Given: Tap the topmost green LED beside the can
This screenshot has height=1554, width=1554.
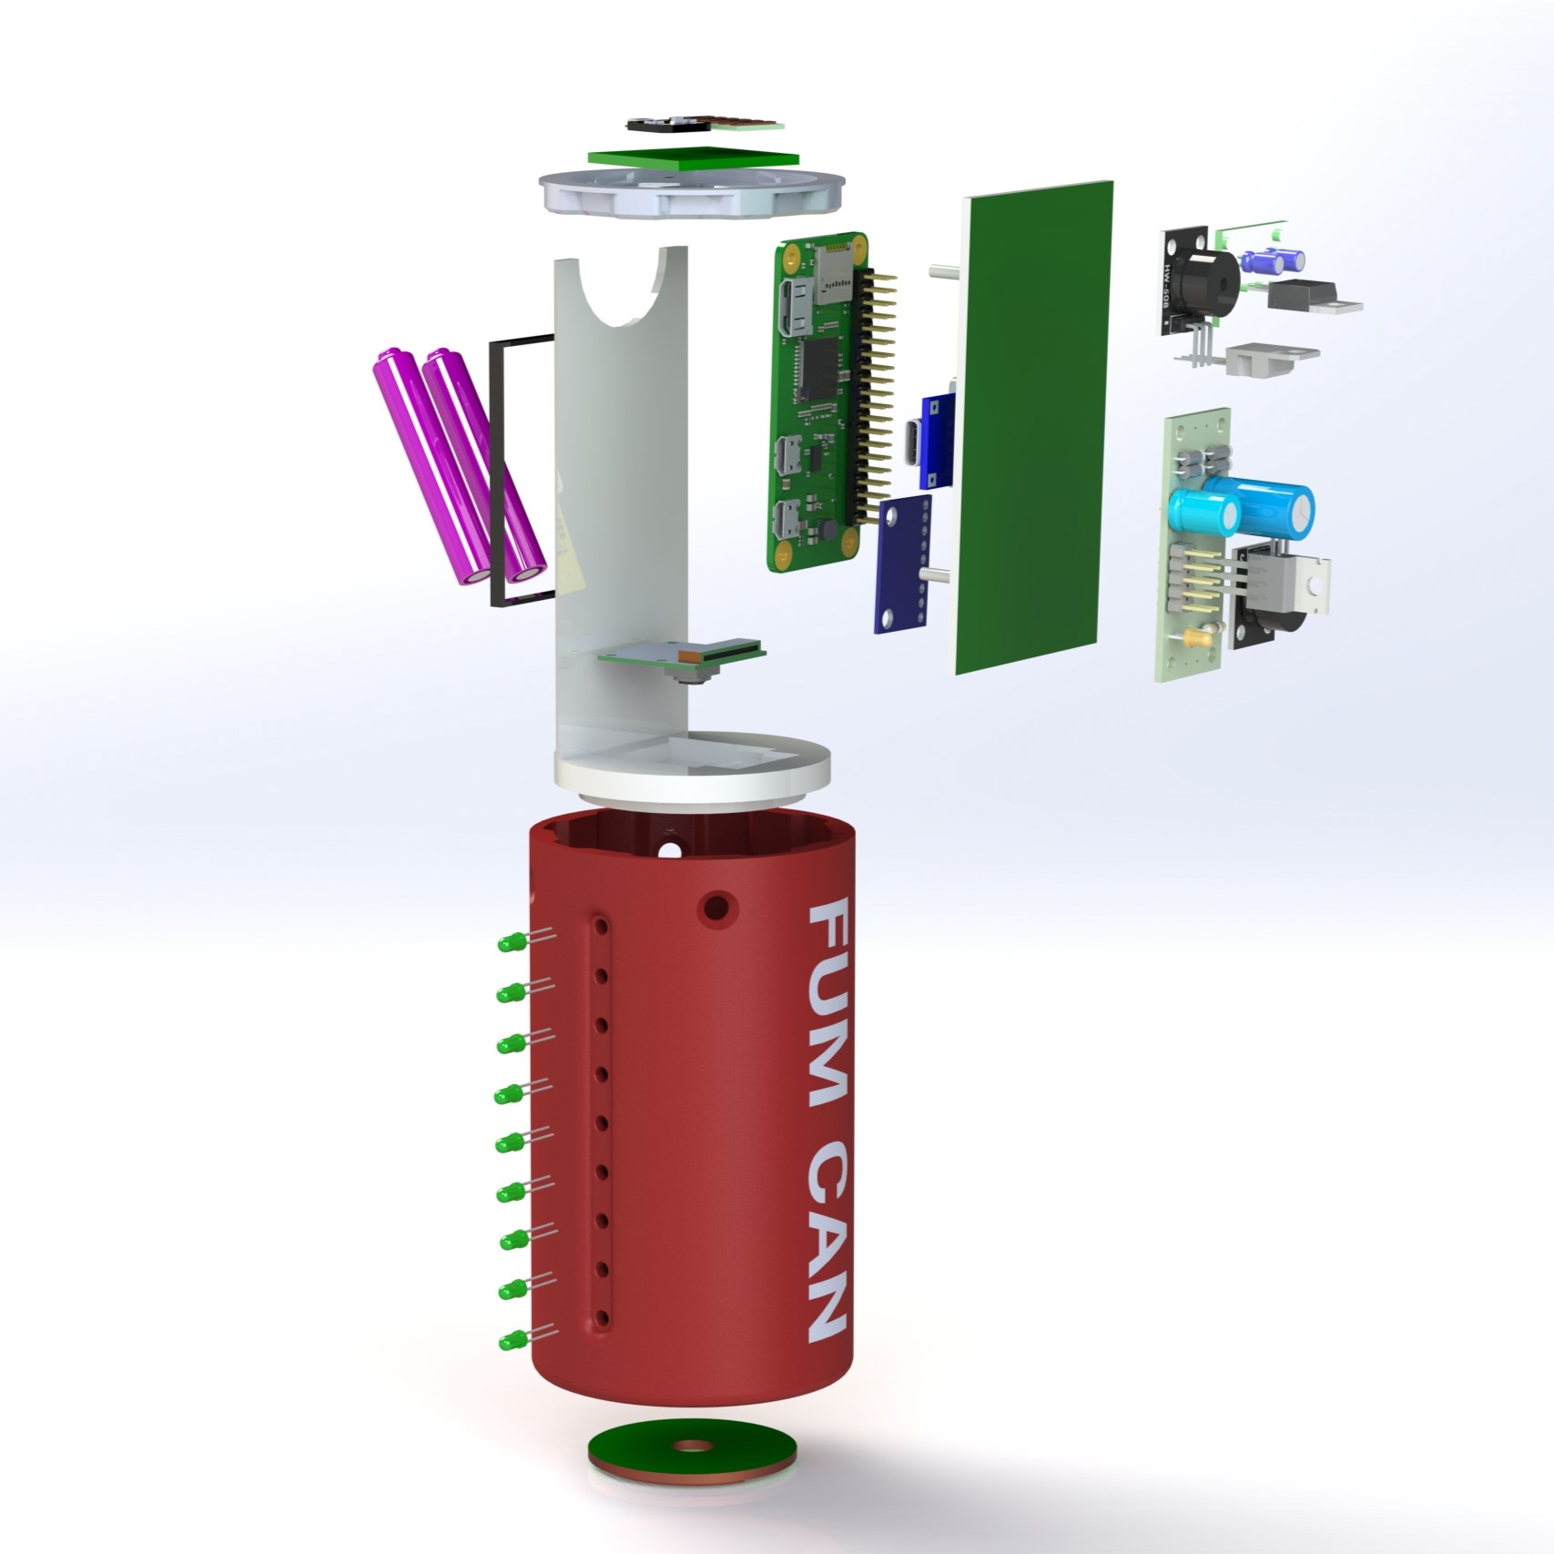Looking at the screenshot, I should point(507,942).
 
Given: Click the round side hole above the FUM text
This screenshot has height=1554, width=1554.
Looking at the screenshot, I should point(717,906).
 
